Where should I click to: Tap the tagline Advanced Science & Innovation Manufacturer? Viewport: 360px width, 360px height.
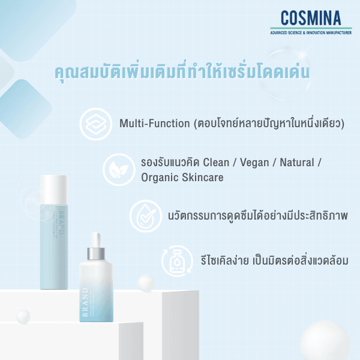tap(311, 32)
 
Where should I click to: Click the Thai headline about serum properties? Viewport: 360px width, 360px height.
tap(181, 74)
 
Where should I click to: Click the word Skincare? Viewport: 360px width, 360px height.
tap(202, 178)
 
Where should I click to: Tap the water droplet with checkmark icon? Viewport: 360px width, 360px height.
tap(146, 215)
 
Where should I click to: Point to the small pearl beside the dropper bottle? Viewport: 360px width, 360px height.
tap(146, 283)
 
